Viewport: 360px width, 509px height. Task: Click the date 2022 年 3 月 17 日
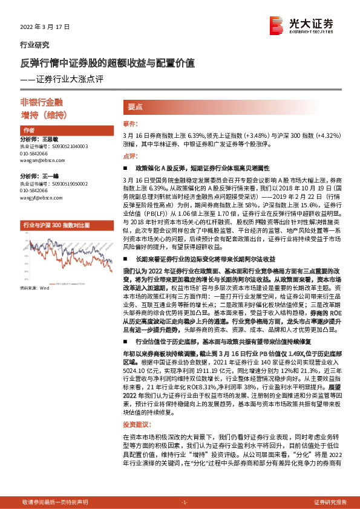pyautogui.click(x=45, y=27)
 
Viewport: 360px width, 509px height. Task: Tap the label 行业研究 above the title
pyautogui.click(x=35, y=45)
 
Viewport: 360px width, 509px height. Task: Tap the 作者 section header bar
pyautogui.click(x=64, y=130)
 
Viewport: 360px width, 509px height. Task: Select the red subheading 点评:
pyautogui.click(x=130, y=155)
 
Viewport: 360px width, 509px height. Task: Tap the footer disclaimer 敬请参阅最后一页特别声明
pyautogui.click(x=54, y=502)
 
